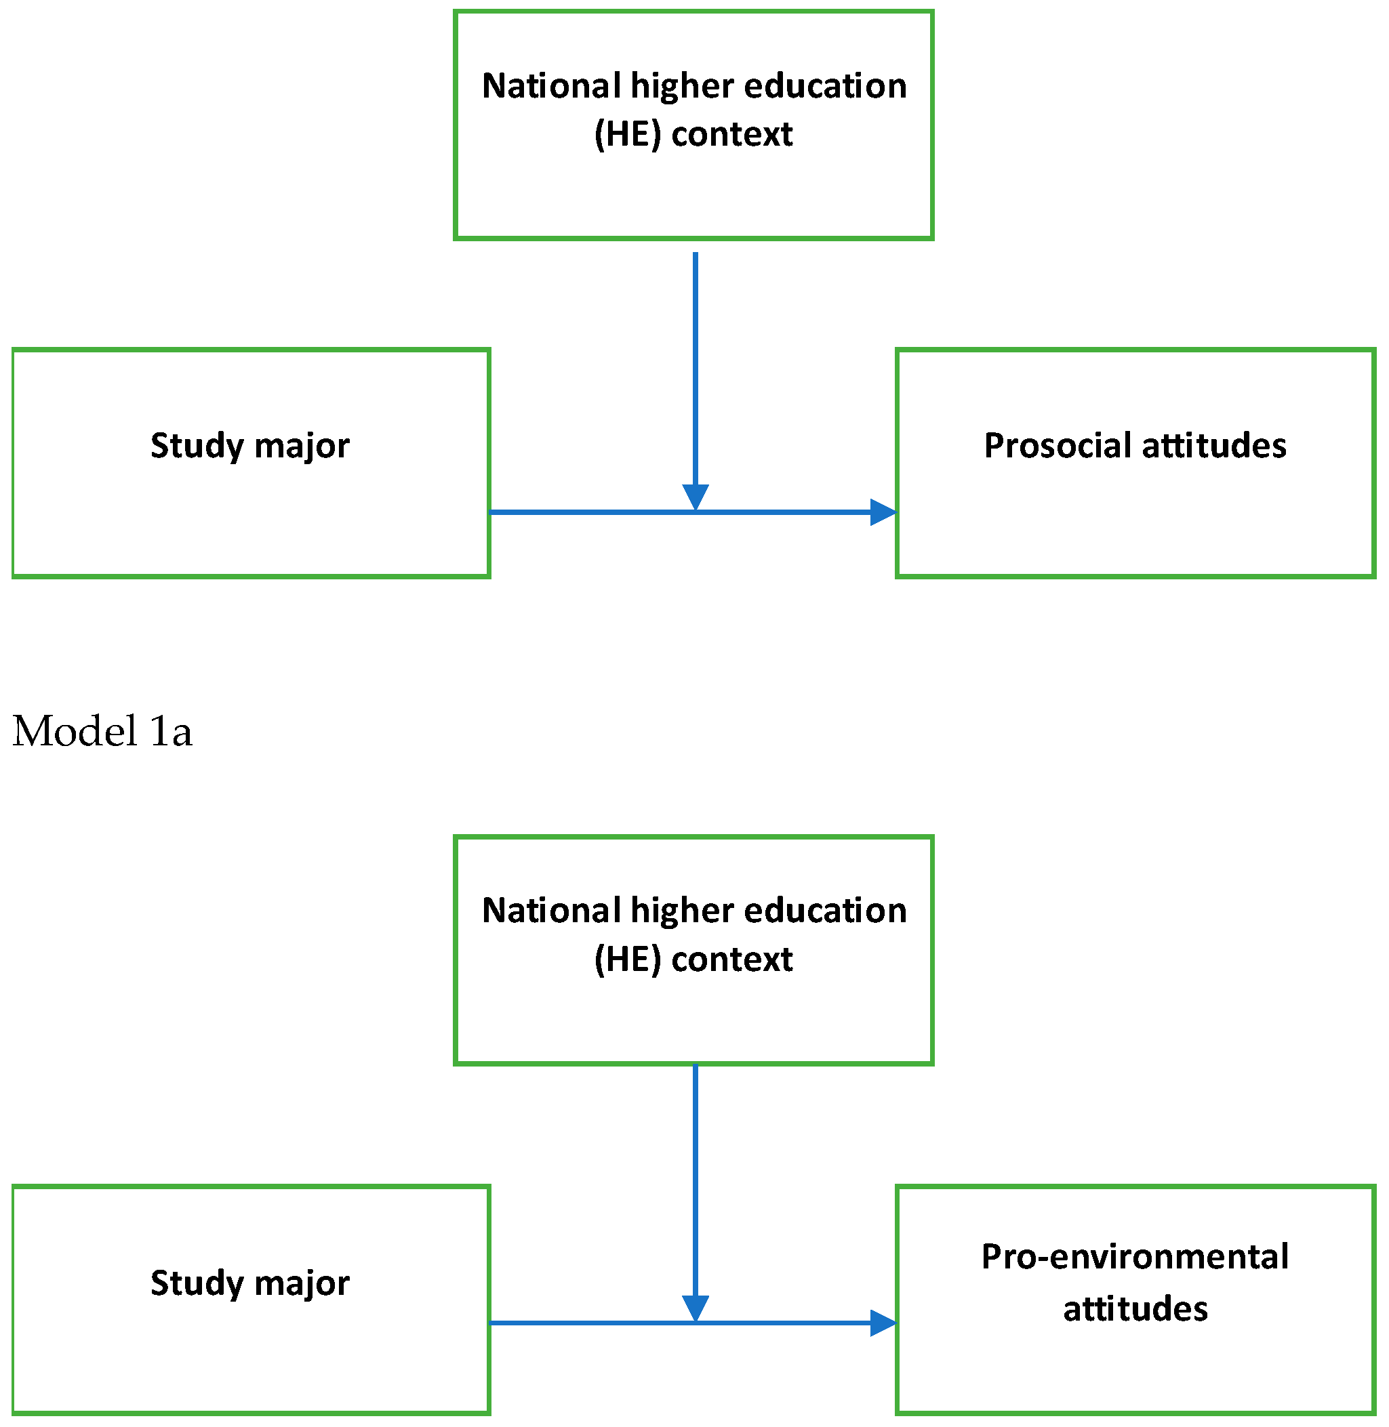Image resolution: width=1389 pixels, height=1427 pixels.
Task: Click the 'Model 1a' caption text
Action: (102, 731)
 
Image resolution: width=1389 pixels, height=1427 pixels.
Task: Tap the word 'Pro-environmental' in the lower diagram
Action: (1134, 1257)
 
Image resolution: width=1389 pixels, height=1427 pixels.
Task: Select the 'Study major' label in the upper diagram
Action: (249, 446)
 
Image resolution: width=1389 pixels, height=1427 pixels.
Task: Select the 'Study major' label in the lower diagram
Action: (249, 1283)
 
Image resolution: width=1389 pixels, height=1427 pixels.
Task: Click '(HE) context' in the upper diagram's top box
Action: (693, 134)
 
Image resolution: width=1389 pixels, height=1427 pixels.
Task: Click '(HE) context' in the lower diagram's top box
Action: (693, 959)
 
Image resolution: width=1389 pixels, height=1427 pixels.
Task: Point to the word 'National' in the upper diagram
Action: (550, 86)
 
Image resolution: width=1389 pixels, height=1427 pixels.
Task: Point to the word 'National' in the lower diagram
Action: (550, 911)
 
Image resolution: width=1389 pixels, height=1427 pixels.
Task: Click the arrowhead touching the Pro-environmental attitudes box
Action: (883, 1323)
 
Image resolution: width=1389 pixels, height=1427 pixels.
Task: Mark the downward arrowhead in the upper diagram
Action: (696, 497)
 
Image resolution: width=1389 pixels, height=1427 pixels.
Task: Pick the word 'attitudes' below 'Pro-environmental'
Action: (1135, 1309)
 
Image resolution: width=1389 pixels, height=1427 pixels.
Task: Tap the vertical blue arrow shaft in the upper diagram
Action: (696, 365)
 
